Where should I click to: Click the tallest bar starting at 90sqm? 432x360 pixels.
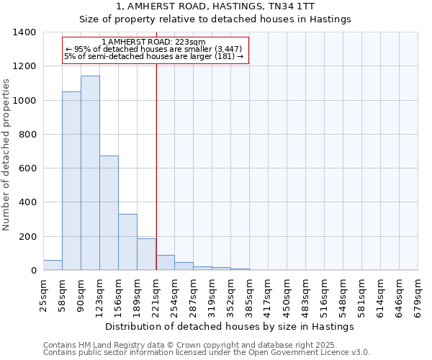(x=90, y=173)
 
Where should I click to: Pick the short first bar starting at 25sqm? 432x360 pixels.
(x=53, y=265)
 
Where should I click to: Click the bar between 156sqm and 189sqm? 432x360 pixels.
(x=127, y=242)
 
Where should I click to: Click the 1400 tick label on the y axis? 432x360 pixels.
(x=24, y=32)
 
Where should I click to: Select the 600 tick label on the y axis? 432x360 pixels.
(x=27, y=168)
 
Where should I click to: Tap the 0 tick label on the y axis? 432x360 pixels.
(x=34, y=271)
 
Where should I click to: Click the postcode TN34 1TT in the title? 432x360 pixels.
(x=325, y=6)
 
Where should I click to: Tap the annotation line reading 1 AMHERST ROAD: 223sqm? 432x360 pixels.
(x=154, y=42)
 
